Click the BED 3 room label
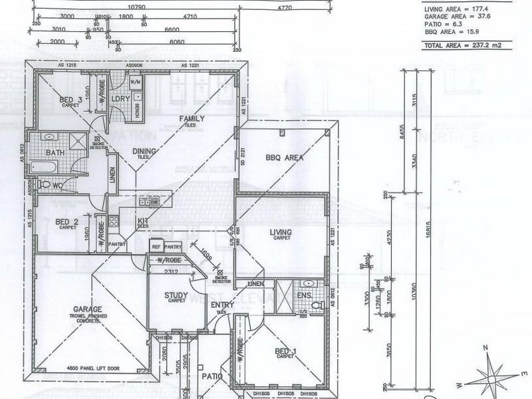pyautogui.click(x=69, y=100)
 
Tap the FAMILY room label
pyautogui.click(x=192, y=118)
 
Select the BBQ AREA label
pyautogui.click(x=285, y=158)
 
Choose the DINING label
pyautogui.click(x=144, y=152)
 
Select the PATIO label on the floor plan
pyautogui.click(x=212, y=376)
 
